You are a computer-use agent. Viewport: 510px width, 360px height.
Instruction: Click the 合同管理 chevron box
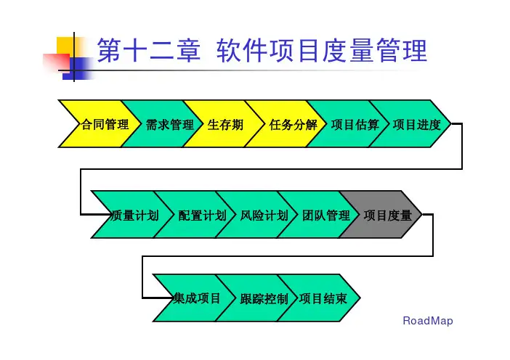(102, 124)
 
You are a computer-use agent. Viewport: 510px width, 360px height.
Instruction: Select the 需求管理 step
(164, 124)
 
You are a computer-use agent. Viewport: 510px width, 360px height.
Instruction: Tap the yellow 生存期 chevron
(225, 124)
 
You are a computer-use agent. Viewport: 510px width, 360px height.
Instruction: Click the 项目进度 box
(414, 124)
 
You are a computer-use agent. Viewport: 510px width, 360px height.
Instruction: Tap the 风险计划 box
(259, 215)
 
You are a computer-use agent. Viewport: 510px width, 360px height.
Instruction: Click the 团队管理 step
(321, 215)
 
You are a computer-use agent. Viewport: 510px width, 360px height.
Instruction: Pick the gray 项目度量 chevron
(385, 215)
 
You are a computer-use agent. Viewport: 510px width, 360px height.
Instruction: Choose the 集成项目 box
(196, 298)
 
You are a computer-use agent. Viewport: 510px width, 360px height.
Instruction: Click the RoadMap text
(427, 321)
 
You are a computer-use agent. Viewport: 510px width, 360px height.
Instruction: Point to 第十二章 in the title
(148, 52)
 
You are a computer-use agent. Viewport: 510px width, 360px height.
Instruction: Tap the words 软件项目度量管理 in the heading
(321, 52)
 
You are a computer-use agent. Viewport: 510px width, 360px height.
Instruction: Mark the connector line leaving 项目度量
(433, 236)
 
